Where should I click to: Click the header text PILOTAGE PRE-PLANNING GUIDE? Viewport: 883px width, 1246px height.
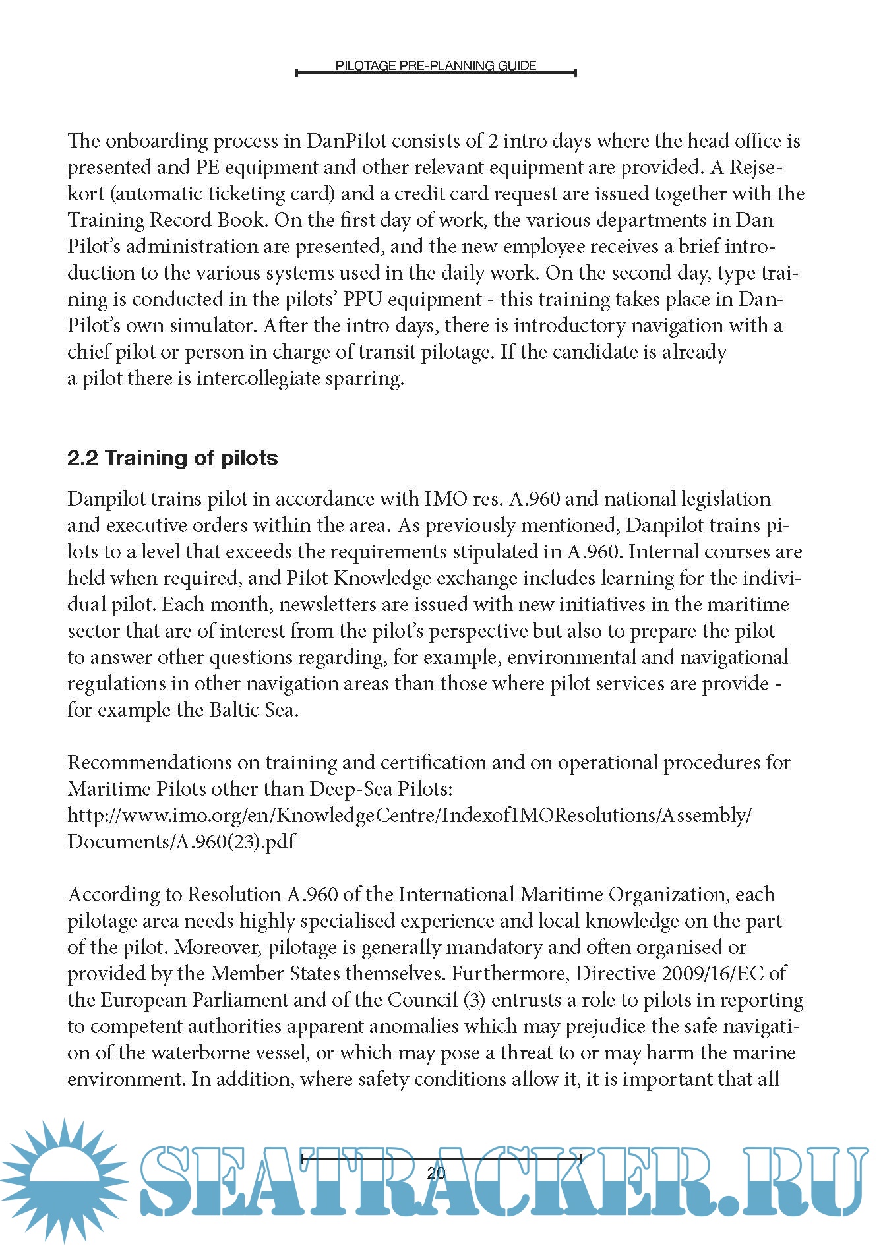pos(435,65)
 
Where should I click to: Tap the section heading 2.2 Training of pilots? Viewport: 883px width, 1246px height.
pos(172,458)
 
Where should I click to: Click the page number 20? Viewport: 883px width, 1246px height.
pos(436,1173)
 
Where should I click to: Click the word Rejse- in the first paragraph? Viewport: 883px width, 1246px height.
pos(755,167)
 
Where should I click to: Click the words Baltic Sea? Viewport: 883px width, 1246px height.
pos(254,710)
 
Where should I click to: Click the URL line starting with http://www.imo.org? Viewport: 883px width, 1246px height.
pos(409,816)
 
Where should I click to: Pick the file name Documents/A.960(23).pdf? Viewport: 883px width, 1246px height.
pos(181,842)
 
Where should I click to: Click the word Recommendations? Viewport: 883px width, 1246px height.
pos(150,763)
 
